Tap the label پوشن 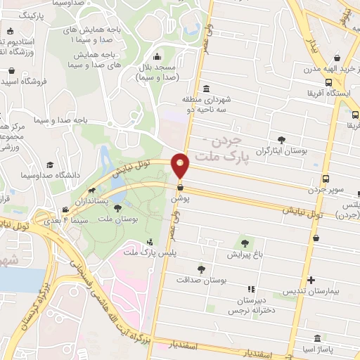[x=181, y=199]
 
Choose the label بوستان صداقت [x=202, y=280]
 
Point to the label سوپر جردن [x=326, y=190]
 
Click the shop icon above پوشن [x=181, y=188]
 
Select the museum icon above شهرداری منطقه [x=205, y=89]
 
